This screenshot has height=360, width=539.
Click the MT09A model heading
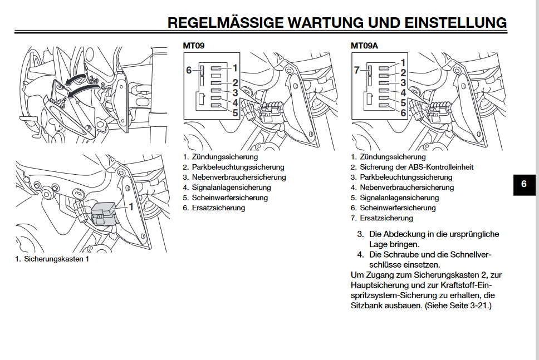click(x=364, y=45)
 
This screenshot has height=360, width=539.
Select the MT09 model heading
click(x=193, y=45)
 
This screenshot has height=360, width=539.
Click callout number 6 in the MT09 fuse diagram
click(x=188, y=70)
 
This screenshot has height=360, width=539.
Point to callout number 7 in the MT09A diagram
click(x=357, y=70)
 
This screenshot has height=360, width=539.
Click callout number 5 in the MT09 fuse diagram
click(x=235, y=113)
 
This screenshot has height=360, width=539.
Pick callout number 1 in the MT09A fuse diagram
click(x=403, y=63)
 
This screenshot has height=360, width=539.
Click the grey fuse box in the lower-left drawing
click(x=104, y=214)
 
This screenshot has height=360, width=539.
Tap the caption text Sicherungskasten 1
click(x=56, y=259)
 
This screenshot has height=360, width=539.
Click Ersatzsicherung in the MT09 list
click(x=218, y=208)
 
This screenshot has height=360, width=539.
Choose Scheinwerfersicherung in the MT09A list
click(x=398, y=208)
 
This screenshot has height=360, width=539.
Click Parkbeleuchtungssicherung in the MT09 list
click(x=238, y=167)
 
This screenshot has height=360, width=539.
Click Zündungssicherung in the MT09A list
click(x=393, y=157)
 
